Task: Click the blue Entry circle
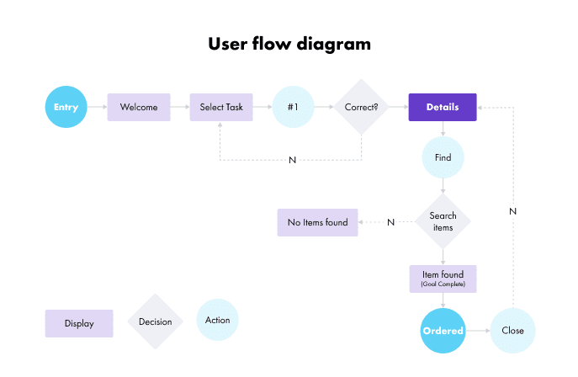[66, 107]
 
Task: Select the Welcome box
[139, 107]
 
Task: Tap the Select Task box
[221, 107]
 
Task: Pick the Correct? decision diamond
[361, 107]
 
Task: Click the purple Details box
[443, 107]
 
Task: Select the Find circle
[443, 157]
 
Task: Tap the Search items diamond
[443, 222]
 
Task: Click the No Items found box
[318, 222]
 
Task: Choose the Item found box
[443, 279]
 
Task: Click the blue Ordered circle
[443, 331]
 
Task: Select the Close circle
[512, 331]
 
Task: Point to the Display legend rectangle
[79, 323]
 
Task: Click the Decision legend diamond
[155, 321]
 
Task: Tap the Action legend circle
[218, 319]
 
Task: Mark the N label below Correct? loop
[292, 160]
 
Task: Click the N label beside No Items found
[390, 222]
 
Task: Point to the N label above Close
[512, 211]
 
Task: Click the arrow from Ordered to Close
[477, 331]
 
